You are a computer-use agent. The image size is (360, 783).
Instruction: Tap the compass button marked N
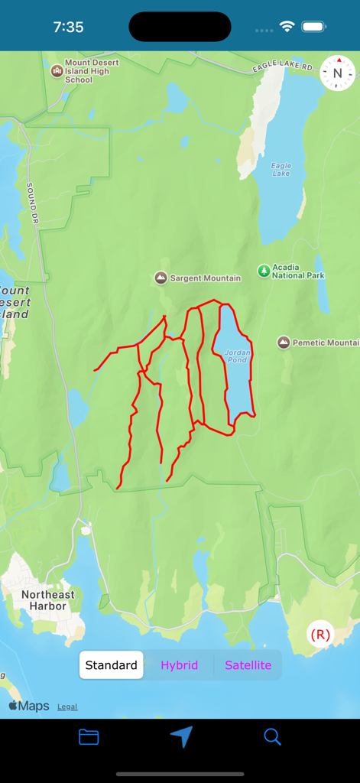point(338,73)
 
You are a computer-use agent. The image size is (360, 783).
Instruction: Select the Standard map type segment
point(112,665)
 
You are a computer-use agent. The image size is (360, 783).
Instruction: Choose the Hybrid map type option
point(179,665)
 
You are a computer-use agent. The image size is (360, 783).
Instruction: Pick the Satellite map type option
point(248,665)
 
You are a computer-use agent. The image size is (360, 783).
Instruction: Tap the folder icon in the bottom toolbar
point(89,737)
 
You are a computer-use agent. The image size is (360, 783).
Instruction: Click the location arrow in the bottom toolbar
point(181,736)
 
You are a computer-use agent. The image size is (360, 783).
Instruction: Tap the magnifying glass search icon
point(272,737)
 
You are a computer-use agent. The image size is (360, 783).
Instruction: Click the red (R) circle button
point(320,635)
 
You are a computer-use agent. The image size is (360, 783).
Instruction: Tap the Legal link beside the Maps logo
point(67,707)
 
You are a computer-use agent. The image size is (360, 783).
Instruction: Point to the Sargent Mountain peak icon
point(161,278)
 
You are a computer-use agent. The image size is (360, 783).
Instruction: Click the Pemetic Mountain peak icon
point(284,343)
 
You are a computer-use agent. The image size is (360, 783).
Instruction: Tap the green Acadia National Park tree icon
point(264,271)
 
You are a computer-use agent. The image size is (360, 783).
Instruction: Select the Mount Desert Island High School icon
point(57,71)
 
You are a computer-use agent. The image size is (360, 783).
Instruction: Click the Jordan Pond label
point(236,356)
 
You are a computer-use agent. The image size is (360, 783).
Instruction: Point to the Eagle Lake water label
point(281,169)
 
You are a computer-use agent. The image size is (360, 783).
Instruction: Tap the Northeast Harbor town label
point(48,600)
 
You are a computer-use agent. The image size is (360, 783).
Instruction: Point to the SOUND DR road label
point(32,203)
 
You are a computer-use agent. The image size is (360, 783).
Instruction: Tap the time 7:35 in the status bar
point(68,27)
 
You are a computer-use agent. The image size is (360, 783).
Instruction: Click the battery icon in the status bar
point(313,27)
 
